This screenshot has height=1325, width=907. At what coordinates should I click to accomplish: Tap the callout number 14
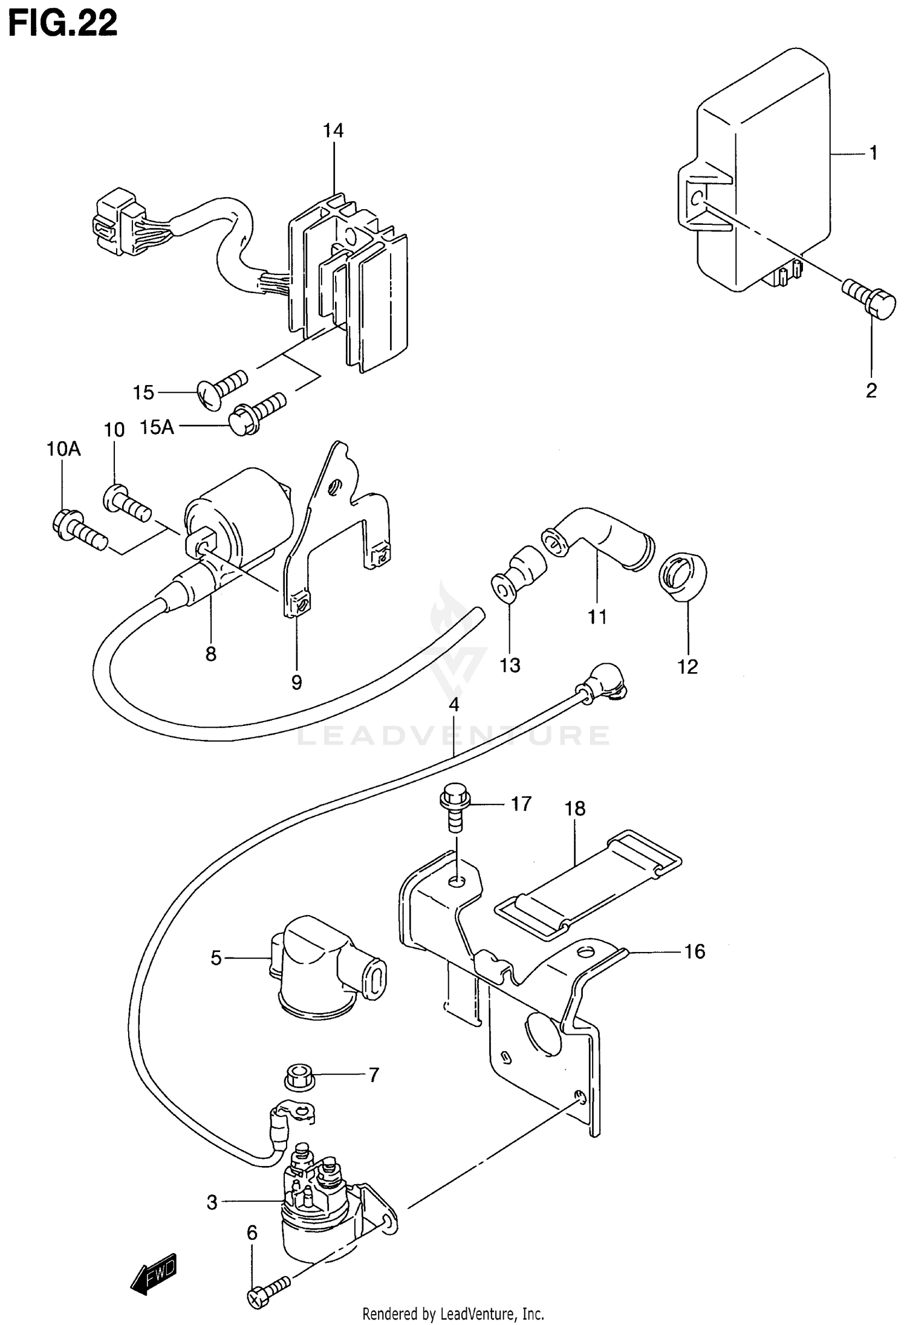333,131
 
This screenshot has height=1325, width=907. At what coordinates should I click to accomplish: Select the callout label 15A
157,427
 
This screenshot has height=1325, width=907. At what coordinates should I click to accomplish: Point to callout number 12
688,666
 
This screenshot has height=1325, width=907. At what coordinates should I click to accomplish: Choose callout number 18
575,808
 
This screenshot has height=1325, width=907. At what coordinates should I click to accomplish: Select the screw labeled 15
222,388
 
